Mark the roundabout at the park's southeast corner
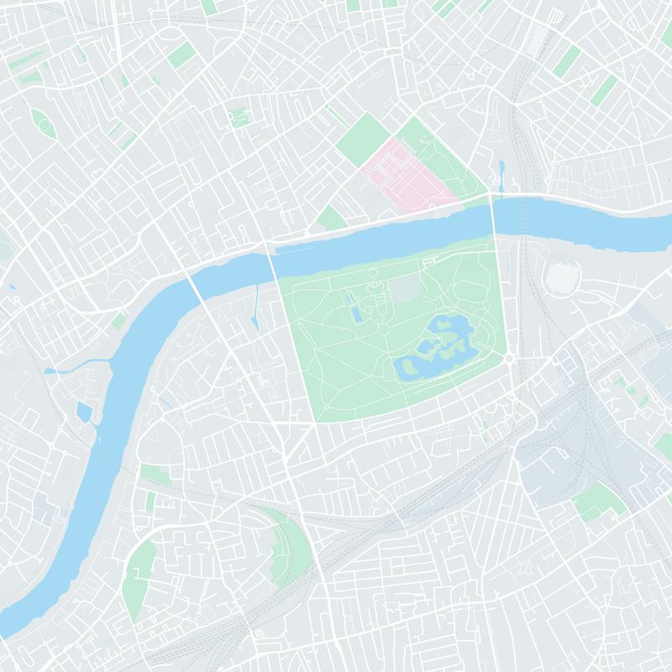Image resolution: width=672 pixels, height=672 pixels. point(509,360)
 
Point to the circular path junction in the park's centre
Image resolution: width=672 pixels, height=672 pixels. point(383,331)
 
